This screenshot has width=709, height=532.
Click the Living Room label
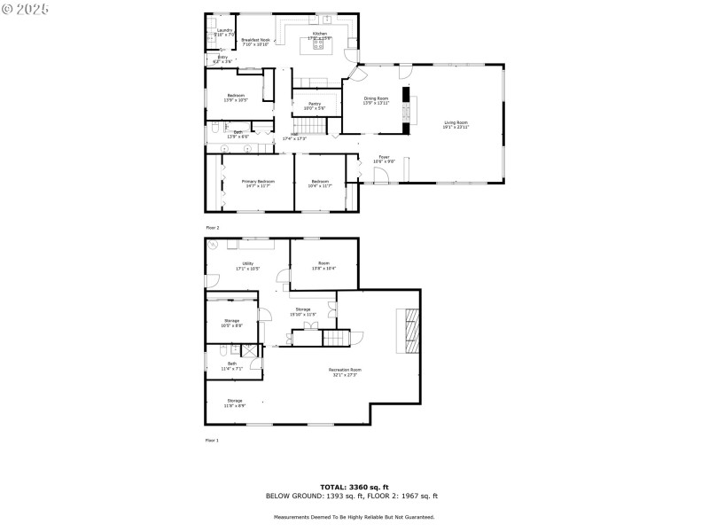pyautogui.click(x=456, y=125)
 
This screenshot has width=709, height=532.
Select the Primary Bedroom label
pyautogui.click(x=259, y=184)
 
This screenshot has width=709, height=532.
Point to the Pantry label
pyautogui.click(x=315, y=106)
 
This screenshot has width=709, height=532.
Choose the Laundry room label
pyautogui.click(x=224, y=32)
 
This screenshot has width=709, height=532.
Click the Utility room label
pyautogui.click(x=247, y=265)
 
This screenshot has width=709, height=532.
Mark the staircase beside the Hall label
pyautogui.click(x=307, y=126)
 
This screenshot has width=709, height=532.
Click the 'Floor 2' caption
pyautogui.click(x=213, y=228)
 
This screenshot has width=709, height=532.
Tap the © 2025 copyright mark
pyautogui.click(x=27, y=8)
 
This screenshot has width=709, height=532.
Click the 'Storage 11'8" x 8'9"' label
pyautogui.click(x=234, y=403)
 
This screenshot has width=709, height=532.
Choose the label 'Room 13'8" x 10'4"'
pyautogui.click(x=324, y=265)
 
